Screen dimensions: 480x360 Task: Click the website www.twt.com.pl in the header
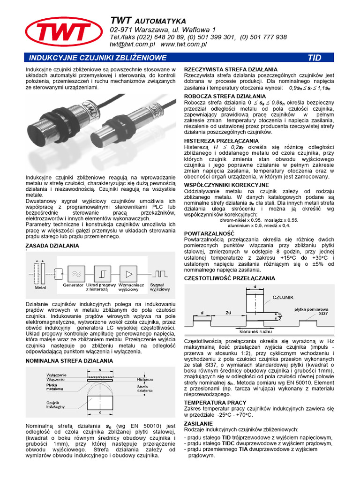point(184,45)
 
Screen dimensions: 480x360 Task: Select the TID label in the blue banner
point(314,58)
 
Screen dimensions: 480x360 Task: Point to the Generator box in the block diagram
point(76,272)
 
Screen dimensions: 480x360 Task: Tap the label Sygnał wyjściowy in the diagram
point(160,287)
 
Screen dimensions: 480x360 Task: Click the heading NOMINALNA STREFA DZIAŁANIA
point(69,360)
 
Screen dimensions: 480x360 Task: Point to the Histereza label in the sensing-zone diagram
point(145,379)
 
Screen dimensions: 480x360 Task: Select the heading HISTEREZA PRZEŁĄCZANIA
point(221,141)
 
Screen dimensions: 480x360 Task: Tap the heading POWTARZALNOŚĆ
point(209,233)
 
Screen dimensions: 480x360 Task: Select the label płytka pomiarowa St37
point(311,312)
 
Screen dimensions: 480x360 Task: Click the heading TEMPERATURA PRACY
point(215,402)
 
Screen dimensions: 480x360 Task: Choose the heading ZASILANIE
point(198,423)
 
